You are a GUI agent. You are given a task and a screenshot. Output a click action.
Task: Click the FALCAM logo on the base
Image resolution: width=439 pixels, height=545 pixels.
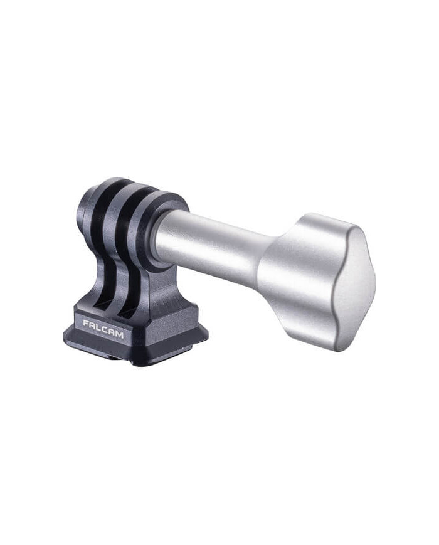[103, 329]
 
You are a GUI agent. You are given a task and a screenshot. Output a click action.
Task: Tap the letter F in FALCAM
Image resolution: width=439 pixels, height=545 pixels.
[86, 324]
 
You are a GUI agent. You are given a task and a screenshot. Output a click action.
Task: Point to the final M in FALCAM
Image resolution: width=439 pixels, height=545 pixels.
[119, 335]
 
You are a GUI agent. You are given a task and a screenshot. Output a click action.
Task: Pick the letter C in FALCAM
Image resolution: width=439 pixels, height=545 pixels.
[105, 330]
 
